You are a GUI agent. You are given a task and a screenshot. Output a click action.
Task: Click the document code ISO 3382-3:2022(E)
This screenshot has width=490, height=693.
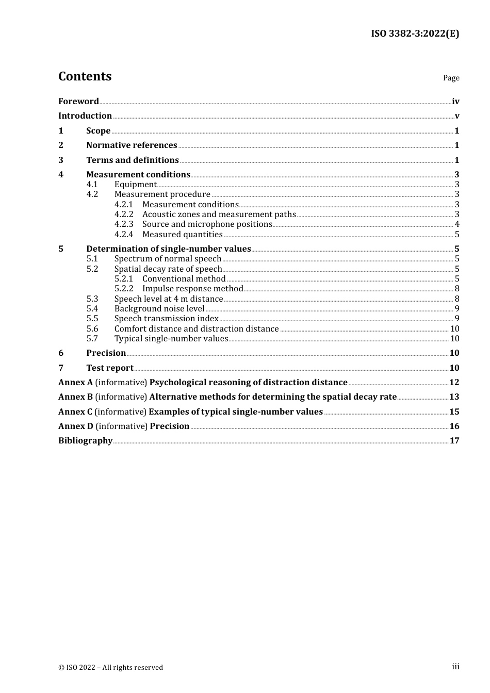[x=415, y=34]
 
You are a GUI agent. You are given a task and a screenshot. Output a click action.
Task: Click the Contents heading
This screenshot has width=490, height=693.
[x=85, y=76]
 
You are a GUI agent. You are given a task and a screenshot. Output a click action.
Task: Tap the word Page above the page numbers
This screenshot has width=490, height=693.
[x=451, y=78]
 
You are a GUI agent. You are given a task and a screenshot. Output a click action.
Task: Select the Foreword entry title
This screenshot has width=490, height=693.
[x=78, y=101]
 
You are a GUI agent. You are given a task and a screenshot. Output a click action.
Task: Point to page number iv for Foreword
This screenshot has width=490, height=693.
[x=455, y=102]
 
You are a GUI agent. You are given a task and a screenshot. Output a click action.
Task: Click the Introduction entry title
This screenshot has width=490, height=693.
[x=85, y=115]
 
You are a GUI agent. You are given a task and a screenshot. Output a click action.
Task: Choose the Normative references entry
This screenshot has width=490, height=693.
[x=132, y=145]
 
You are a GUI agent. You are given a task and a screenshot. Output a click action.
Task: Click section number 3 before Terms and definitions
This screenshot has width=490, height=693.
[x=61, y=160]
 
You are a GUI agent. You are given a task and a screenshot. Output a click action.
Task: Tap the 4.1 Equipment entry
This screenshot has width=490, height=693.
[x=135, y=184]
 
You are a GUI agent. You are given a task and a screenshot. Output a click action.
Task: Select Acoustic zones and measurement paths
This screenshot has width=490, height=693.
[x=219, y=214]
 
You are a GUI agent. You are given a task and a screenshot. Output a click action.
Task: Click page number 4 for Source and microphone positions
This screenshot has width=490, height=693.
[x=457, y=224]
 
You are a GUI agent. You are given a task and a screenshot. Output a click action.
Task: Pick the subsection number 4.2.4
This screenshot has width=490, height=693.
[x=124, y=234]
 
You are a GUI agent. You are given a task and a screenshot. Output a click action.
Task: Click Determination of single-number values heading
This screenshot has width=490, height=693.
[x=168, y=249]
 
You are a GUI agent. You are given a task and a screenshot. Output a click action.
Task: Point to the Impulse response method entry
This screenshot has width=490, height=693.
[x=192, y=288]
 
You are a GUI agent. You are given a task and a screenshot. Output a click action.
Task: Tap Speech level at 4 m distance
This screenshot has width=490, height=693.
[x=169, y=299]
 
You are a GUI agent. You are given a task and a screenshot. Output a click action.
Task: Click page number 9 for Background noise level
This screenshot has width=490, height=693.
[x=457, y=308]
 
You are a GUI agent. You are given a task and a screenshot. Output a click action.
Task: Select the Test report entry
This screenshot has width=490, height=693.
[x=109, y=368]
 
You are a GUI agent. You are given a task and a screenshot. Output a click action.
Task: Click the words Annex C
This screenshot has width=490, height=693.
[x=75, y=411]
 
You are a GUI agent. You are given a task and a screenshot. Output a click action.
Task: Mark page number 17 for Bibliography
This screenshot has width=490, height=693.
[x=454, y=440]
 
